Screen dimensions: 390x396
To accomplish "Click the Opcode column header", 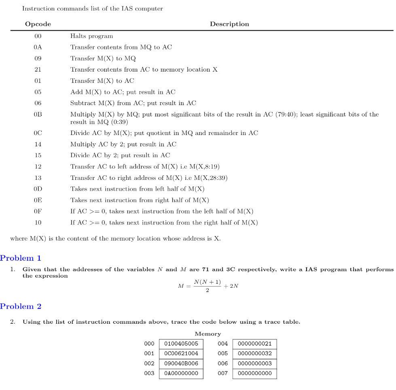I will tap(38, 24).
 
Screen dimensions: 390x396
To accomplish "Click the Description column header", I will tap(229, 24).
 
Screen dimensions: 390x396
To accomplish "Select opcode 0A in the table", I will tap(38, 47).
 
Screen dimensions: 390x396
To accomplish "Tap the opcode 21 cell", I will tap(38, 70).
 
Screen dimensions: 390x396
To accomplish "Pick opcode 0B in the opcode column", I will tap(38, 114).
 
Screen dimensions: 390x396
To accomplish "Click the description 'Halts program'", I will tap(91, 36).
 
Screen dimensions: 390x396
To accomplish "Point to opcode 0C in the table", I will tap(38, 133).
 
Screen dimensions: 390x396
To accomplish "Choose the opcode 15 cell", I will tap(38, 155).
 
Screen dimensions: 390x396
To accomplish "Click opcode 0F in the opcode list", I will tap(38, 211).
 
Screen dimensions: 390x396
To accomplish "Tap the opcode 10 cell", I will tap(38, 223).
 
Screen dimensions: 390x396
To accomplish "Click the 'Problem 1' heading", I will tap(21, 258).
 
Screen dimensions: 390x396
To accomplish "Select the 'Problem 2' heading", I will tap(21, 306).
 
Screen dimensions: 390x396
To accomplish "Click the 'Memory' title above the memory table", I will tap(208, 334).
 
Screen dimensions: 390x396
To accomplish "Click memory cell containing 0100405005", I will tap(181, 344).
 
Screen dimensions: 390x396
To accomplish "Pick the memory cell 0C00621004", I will tap(181, 354).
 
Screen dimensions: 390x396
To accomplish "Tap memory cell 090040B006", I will tap(181, 364).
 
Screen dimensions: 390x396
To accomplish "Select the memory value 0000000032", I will tap(254, 354).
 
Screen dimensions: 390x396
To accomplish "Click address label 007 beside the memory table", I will tap(223, 373).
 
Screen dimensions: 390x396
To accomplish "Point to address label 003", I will tap(149, 373).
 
